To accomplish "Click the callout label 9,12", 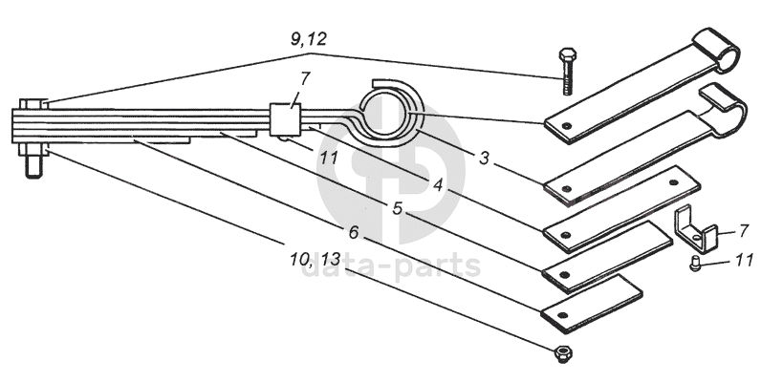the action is point(309,39).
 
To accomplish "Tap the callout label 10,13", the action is point(315,260).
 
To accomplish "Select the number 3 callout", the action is point(484,159).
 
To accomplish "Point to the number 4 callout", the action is point(438,185).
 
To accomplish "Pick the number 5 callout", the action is point(397,208).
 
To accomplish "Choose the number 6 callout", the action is point(354,232).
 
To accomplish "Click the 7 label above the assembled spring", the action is point(305,78).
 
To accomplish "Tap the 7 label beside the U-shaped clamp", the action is point(744,231).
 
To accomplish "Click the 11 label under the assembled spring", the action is point(329,159).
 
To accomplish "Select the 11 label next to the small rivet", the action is point(744,260).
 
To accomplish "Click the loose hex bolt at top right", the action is point(567,72).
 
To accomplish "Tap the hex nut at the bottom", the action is point(563,354).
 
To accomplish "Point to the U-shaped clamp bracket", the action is point(696,230).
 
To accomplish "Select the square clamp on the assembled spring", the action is point(285,119).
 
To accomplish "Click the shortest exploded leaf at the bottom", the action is point(592,305).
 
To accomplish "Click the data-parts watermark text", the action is point(390,266).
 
